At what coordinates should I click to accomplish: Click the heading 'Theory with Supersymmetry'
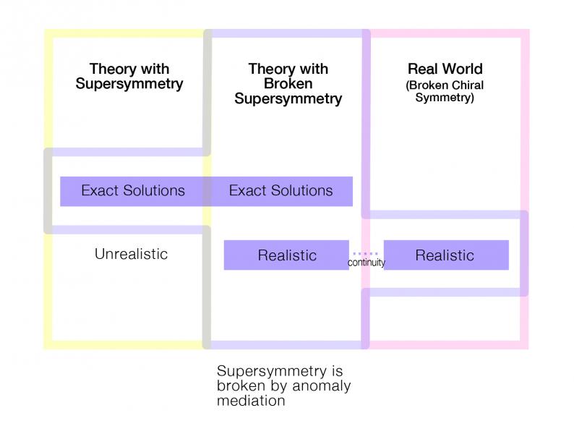(x=129, y=76)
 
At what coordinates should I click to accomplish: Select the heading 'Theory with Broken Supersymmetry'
(x=288, y=83)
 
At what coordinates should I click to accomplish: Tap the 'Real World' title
(x=445, y=69)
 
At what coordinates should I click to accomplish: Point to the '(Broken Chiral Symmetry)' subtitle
(x=445, y=91)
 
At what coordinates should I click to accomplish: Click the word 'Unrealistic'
(x=131, y=254)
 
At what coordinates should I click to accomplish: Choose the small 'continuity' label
(x=366, y=263)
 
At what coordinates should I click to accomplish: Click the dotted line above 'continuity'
(x=365, y=253)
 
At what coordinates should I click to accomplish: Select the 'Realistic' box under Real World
(x=446, y=255)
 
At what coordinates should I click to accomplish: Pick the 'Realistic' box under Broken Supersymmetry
(x=286, y=255)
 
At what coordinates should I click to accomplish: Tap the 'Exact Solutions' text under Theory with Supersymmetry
(x=133, y=190)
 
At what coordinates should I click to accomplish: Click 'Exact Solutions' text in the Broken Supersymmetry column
(x=280, y=190)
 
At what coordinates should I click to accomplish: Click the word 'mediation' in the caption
(x=251, y=400)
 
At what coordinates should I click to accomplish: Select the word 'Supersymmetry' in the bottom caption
(x=272, y=371)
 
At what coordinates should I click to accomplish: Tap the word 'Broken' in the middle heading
(x=288, y=83)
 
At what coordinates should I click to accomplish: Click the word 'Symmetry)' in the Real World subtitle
(x=445, y=98)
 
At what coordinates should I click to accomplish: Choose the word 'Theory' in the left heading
(x=113, y=69)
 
